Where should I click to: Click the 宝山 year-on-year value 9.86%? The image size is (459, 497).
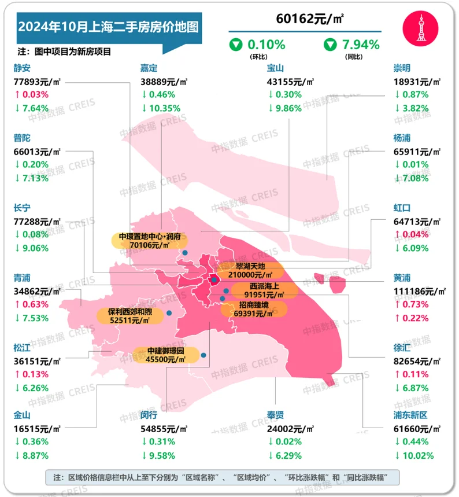click(286, 108)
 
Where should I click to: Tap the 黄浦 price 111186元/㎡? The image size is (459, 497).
click(418, 290)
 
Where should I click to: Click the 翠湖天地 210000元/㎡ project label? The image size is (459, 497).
click(249, 270)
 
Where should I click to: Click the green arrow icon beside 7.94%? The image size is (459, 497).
click(331, 44)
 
